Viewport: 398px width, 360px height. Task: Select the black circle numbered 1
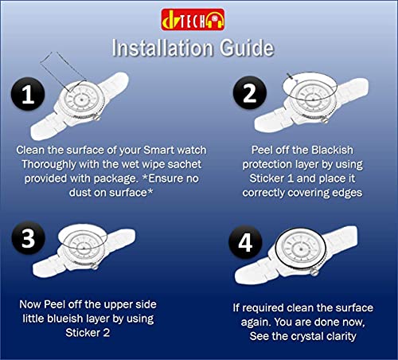27,96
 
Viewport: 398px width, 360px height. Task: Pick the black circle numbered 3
28,238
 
